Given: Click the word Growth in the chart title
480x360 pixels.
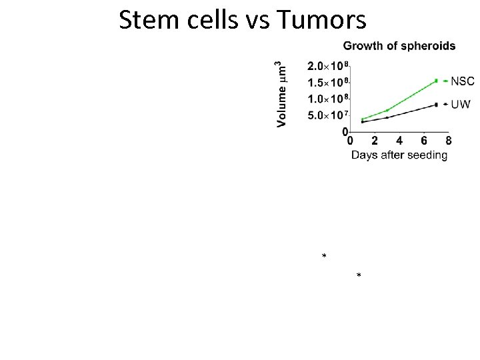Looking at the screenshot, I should click(362, 46).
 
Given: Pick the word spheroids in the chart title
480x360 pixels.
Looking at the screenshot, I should click(428, 46).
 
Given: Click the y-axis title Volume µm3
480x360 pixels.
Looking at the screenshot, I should click(282, 93).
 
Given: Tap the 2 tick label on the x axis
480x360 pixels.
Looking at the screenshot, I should click(375, 141).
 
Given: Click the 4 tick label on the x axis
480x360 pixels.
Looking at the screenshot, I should click(399, 141).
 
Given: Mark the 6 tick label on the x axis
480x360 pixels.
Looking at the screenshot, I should click(424, 141).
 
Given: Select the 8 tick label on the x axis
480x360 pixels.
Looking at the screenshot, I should click(448, 141).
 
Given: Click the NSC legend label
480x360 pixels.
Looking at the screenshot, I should click(463, 81).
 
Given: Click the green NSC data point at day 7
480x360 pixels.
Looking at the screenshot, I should click(436, 81).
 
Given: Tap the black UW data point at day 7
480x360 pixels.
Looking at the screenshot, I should click(436, 104).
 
